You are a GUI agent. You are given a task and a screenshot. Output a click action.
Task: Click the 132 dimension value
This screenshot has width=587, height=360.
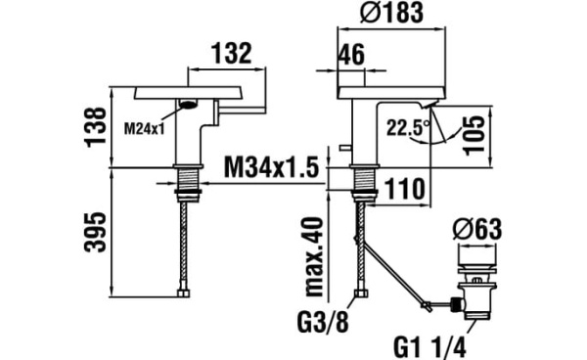[231, 53]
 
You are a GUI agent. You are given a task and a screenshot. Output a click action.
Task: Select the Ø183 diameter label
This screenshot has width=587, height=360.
[391, 13]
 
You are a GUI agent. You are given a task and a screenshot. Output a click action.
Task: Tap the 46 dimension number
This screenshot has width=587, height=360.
[351, 55]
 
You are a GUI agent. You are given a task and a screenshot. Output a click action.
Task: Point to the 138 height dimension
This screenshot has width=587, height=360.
[96, 127]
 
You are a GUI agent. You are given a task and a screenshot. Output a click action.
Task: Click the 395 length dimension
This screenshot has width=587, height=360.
[96, 232]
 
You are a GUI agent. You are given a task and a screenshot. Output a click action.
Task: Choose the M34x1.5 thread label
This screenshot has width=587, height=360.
[271, 167]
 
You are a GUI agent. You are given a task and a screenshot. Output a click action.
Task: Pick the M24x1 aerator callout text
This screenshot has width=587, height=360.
[144, 129]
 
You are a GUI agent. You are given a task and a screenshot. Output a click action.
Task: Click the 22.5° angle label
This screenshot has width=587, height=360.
[408, 127]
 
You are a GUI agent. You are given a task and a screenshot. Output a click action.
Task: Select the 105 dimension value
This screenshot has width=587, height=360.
[474, 135]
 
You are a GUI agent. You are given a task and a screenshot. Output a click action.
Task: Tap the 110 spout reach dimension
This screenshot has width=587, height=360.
[405, 189]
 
